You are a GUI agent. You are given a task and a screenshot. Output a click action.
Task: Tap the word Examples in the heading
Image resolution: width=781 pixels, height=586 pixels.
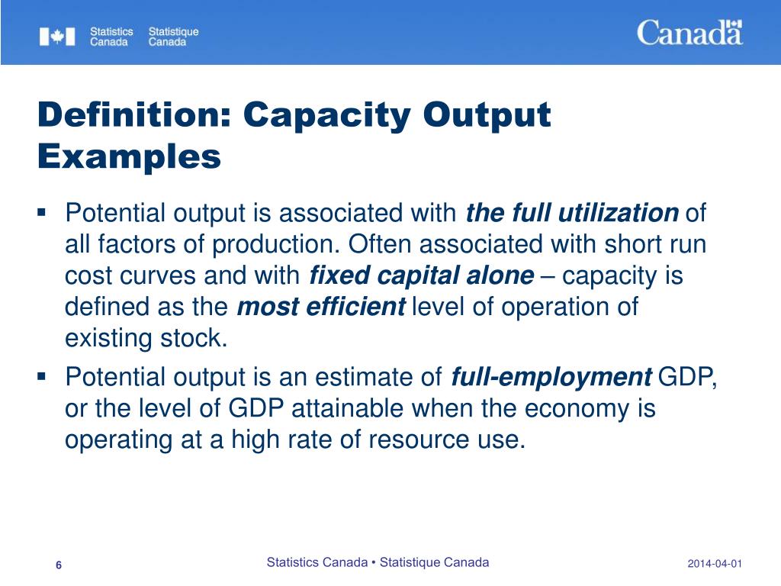coord(129,157)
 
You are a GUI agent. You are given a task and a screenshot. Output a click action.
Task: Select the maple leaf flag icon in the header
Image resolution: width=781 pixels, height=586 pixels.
coord(57,37)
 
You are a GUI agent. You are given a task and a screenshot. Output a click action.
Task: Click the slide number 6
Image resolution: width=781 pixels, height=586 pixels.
coord(59,564)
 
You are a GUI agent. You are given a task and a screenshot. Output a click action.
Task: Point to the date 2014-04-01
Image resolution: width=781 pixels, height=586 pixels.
coord(715,564)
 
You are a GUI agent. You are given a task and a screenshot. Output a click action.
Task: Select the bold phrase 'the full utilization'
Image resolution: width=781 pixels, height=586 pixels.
coord(571,213)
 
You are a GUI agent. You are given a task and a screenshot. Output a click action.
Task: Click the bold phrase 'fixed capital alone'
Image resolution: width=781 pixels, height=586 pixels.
coord(422,275)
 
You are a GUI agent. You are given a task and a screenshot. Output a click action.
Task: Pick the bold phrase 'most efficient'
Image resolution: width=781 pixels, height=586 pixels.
coord(321,307)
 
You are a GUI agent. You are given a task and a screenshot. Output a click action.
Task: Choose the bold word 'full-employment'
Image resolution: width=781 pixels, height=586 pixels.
coord(552,377)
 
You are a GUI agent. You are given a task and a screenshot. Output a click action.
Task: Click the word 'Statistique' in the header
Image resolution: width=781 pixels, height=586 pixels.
coord(173,32)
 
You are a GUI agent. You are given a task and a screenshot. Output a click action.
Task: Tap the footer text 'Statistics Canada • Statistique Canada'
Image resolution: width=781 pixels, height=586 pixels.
coord(378,562)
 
